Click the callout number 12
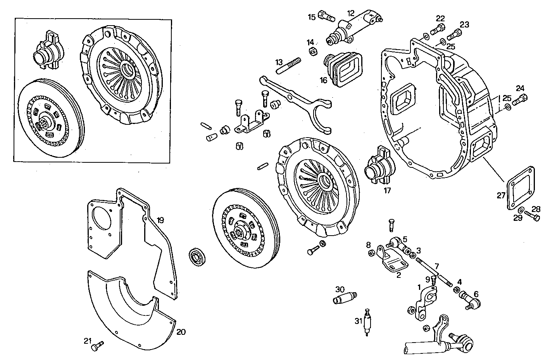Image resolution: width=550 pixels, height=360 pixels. point(350,13)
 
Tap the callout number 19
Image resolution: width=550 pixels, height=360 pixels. point(160,220)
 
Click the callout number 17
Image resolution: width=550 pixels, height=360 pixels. point(387,190)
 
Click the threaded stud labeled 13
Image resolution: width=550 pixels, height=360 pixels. point(288,65)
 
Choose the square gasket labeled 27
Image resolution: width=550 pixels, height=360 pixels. point(521,189)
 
